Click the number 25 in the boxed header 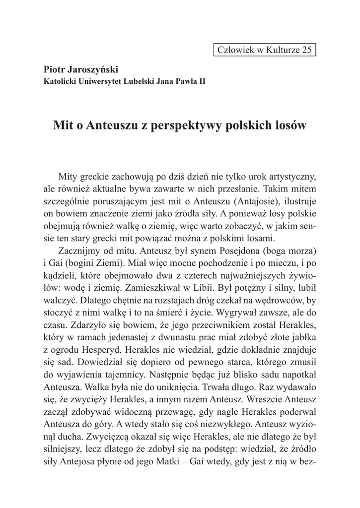(x=306, y=50)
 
